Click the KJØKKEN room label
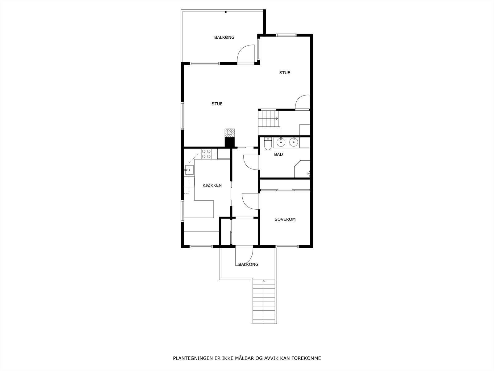[x=212, y=185]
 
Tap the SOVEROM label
[x=285, y=219]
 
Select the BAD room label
[x=278, y=154]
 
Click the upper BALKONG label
[x=224, y=37]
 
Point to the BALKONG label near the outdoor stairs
[x=248, y=264]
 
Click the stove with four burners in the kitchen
[x=206, y=154]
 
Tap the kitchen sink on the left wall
[x=189, y=170]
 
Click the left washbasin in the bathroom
[x=281, y=143]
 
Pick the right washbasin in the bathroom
[x=293, y=143]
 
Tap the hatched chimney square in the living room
[x=229, y=133]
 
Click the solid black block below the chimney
[x=229, y=142]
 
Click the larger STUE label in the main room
[x=217, y=104]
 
